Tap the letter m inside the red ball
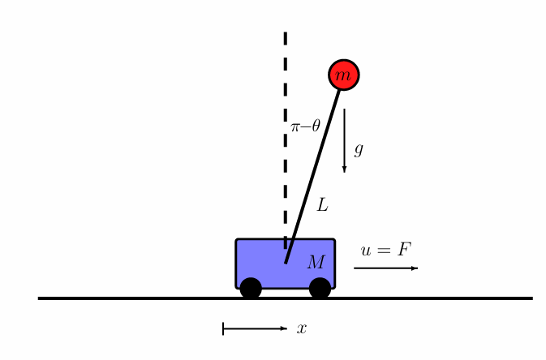[344, 75]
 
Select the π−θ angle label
[305, 126]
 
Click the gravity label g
[359, 149]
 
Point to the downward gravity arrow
[344, 138]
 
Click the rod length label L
[322, 205]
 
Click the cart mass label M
[316, 262]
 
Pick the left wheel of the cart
[251, 288]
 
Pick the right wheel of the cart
[320, 288]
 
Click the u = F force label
[386, 251]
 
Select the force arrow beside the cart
[385, 268]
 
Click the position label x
[302, 328]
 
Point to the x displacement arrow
[255, 328]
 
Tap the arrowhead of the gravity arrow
[344, 169]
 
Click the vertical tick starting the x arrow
[223, 328]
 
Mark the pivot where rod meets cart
[286, 262]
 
